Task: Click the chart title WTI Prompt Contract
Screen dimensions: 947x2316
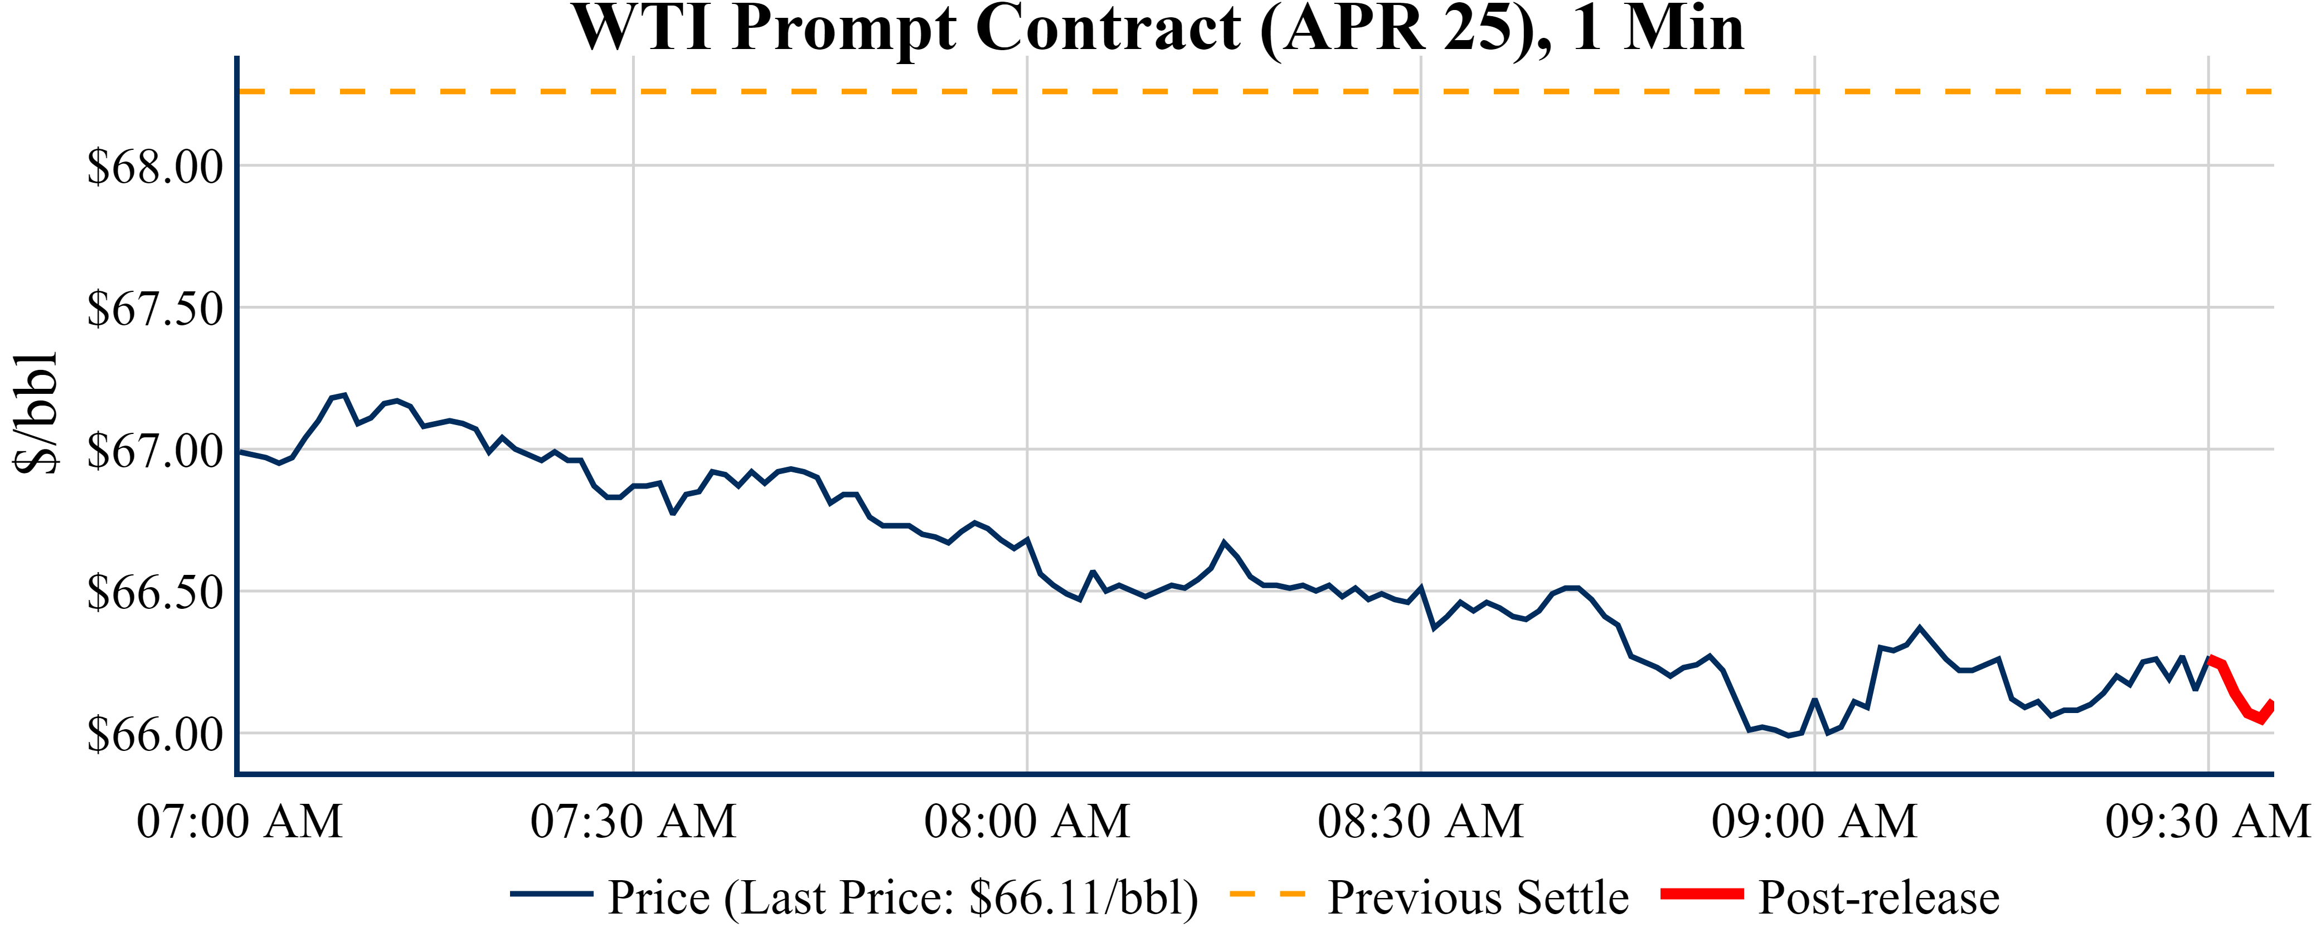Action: tap(1158, 29)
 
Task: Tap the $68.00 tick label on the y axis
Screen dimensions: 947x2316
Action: tap(154, 167)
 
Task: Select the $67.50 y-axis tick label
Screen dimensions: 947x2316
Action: tap(154, 309)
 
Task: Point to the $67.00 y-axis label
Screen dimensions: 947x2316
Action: tap(154, 451)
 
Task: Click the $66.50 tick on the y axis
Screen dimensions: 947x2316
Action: tap(154, 593)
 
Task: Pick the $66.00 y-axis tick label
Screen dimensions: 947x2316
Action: tap(154, 735)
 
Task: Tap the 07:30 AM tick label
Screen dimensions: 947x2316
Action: tap(633, 821)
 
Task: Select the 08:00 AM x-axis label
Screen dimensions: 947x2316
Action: tap(1027, 821)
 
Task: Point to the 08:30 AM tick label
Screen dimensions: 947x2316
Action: tap(1420, 821)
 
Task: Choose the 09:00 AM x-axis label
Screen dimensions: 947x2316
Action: tap(1814, 821)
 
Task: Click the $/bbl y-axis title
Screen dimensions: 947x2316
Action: tap(36, 413)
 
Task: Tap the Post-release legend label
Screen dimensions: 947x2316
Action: tap(1878, 897)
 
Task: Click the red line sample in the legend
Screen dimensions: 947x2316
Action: tap(1701, 894)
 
